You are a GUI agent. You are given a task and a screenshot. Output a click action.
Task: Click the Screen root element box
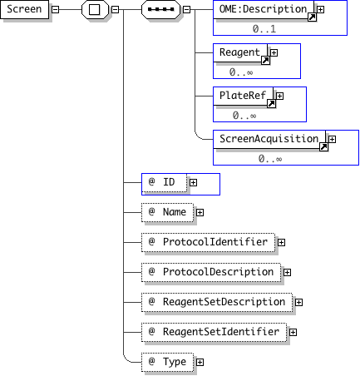(24, 9)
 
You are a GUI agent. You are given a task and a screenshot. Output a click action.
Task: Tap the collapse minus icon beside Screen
(56, 9)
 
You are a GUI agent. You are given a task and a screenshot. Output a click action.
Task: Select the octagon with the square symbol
(95, 9)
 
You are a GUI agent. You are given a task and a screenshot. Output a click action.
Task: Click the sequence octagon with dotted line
(161, 9)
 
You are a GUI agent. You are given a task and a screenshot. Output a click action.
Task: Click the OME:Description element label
(263, 9)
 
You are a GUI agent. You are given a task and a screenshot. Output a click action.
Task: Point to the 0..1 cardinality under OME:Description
(264, 29)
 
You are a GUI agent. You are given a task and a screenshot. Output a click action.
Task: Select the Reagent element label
(239, 52)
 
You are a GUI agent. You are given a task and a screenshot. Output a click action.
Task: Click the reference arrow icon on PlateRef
(271, 104)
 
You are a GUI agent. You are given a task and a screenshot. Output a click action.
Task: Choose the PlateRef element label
(243, 96)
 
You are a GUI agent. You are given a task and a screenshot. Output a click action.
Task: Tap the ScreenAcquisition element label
(269, 139)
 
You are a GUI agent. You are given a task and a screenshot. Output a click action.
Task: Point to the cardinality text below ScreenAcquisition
(270, 159)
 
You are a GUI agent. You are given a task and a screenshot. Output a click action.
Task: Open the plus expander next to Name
(200, 212)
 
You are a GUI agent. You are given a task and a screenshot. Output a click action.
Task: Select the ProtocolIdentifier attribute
(208, 242)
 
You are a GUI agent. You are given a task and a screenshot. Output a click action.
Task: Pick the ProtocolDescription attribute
(211, 272)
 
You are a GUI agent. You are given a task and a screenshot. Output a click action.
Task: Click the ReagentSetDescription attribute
(217, 302)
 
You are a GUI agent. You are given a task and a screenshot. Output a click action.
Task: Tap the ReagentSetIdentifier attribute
(214, 332)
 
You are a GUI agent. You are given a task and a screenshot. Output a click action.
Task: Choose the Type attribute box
(167, 362)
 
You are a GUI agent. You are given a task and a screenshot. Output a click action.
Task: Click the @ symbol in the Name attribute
(151, 211)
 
